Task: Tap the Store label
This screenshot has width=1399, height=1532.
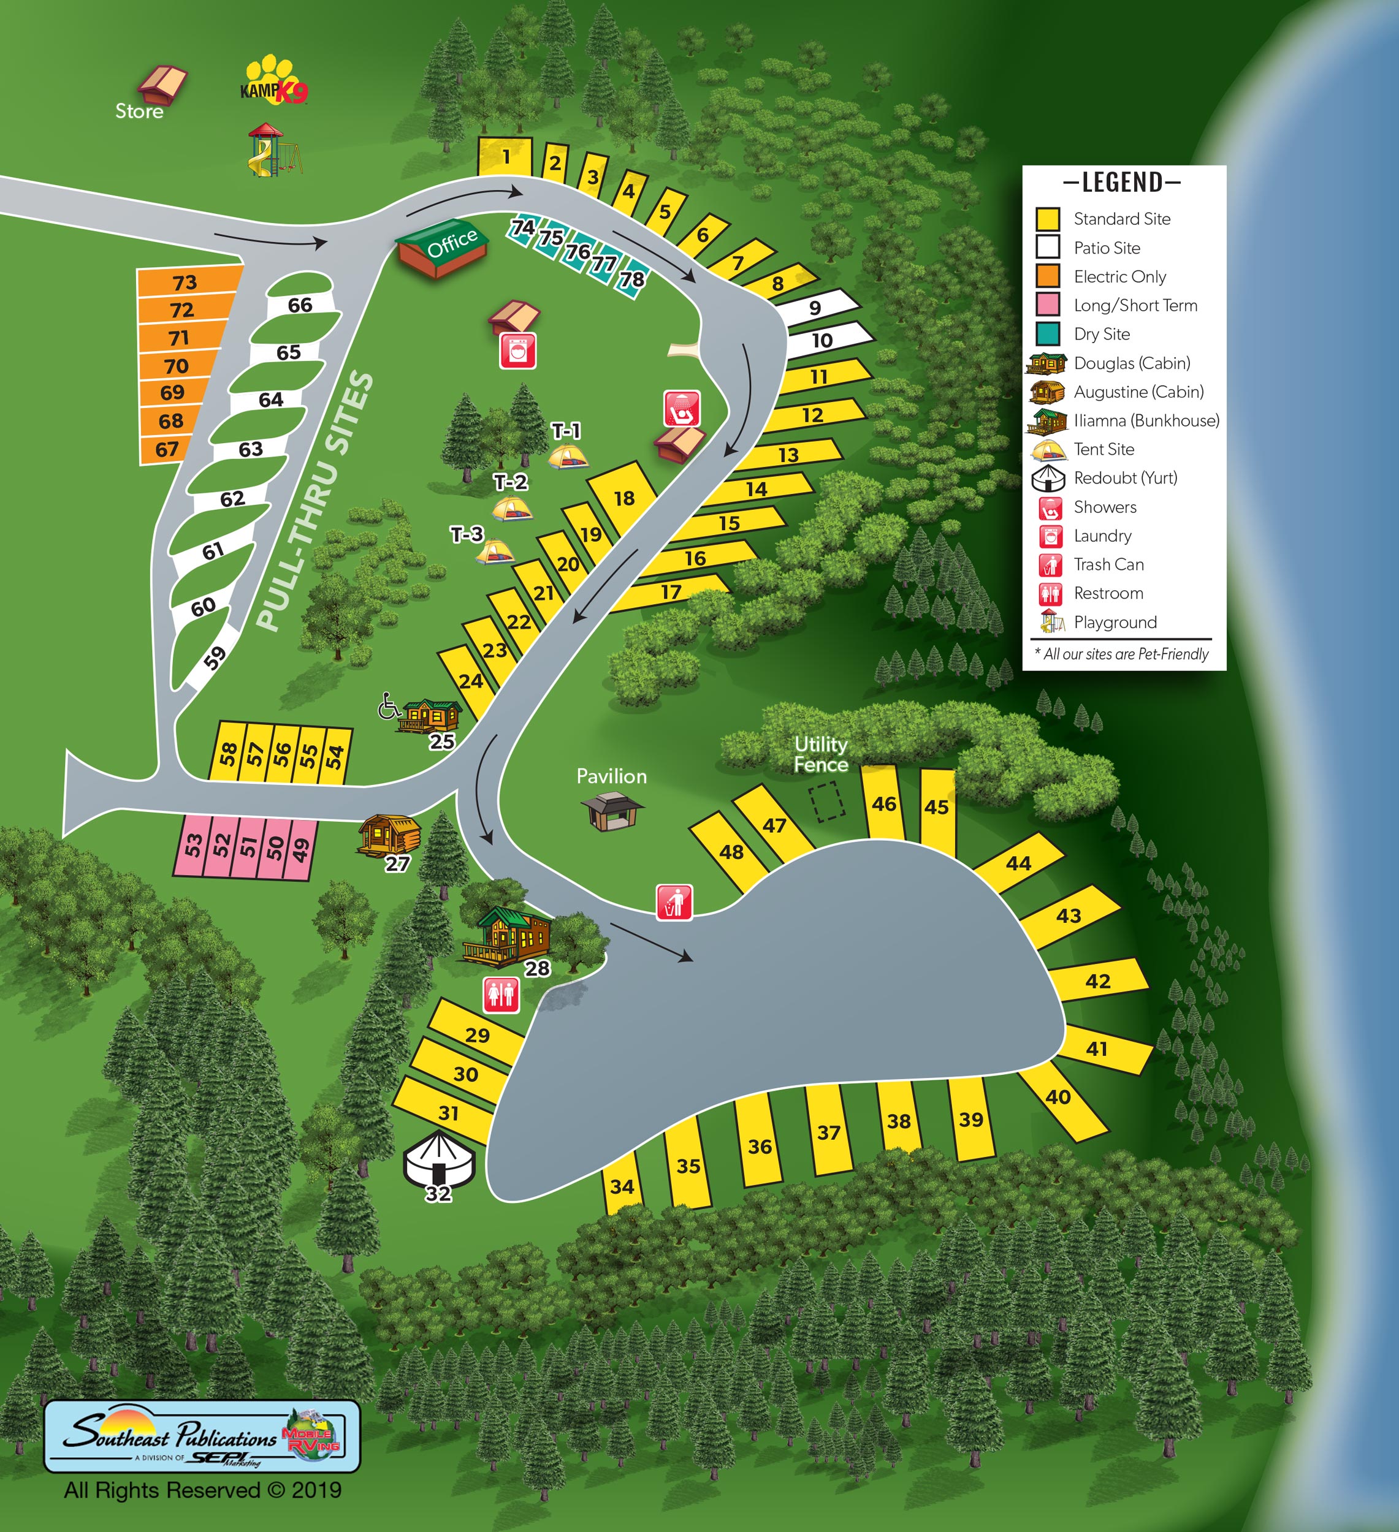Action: coord(139,111)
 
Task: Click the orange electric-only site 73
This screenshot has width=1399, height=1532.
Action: coord(185,282)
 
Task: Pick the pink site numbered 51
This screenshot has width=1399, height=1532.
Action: coord(249,846)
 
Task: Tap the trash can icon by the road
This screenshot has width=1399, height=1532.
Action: coord(674,902)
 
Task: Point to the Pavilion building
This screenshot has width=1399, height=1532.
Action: coord(612,810)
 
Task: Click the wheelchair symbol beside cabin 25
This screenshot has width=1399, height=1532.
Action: coord(389,706)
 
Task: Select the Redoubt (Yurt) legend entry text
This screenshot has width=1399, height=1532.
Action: coord(1126,478)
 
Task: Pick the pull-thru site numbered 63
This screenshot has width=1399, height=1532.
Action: coord(251,449)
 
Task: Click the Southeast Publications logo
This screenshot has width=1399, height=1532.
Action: coord(202,1436)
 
